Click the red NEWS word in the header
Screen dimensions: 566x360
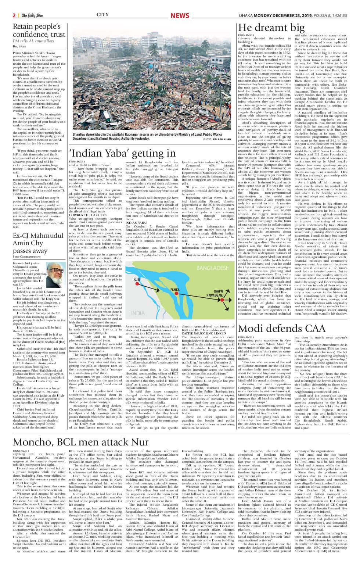(x=179, y=15)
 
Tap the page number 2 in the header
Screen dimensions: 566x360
(x=14, y=15)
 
